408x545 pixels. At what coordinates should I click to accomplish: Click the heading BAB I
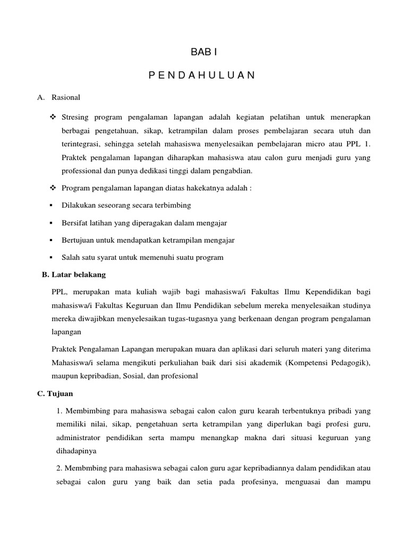pyautogui.click(x=203, y=52)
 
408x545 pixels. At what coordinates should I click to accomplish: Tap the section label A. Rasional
pyautogui.click(x=59, y=97)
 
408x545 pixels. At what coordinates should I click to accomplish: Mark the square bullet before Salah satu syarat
pyautogui.click(x=52, y=257)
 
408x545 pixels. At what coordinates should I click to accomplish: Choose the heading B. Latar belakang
pyautogui.click(x=74, y=275)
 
